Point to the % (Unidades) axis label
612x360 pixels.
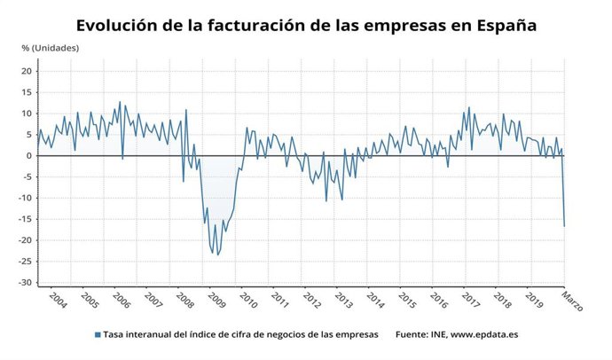coord(50,46)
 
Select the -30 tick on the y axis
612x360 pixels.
coord(26,283)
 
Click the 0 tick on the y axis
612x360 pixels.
coord(29,156)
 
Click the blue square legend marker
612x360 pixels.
coord(97,335)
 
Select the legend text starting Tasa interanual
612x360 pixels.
coord(240,335)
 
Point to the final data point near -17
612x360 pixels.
coord(564,226)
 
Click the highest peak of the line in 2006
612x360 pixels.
coord(120,102)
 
